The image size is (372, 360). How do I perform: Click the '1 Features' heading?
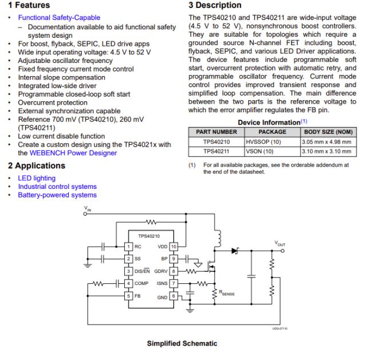(29, 5)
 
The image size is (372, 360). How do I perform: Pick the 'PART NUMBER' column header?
(216, 132)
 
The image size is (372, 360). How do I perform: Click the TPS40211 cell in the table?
(216, 152)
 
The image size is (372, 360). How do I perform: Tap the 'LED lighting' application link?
(37, 179)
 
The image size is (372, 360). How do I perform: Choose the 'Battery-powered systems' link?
(57, 195)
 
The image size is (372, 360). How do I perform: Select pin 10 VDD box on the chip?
(174, 246)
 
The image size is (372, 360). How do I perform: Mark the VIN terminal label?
(88, 209)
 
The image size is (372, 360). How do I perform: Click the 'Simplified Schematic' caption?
(182, 343)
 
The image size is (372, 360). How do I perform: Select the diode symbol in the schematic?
(234, 250)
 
